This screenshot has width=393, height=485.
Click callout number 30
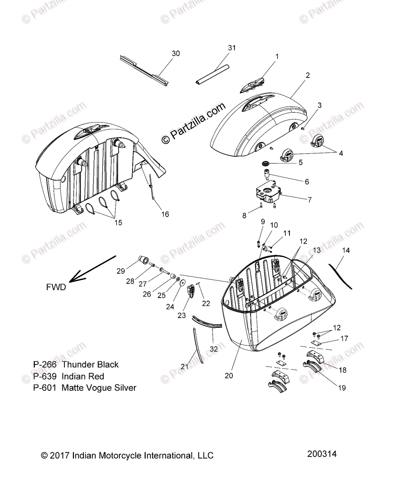pos(176,53)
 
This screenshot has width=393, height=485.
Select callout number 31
pos(232,48)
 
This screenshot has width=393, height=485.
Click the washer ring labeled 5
pos(266,163)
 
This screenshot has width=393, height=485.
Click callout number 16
pos(165,214)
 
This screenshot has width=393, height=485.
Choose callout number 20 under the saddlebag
pos(229,375)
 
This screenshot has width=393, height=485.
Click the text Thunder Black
pos(90,365)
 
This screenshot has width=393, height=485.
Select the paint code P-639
pos(45,376)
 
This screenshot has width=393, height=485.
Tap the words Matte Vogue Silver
pos(99,388)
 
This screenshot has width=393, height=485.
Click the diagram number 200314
pos(322,454)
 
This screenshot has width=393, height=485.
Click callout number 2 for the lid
pos(308,75)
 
